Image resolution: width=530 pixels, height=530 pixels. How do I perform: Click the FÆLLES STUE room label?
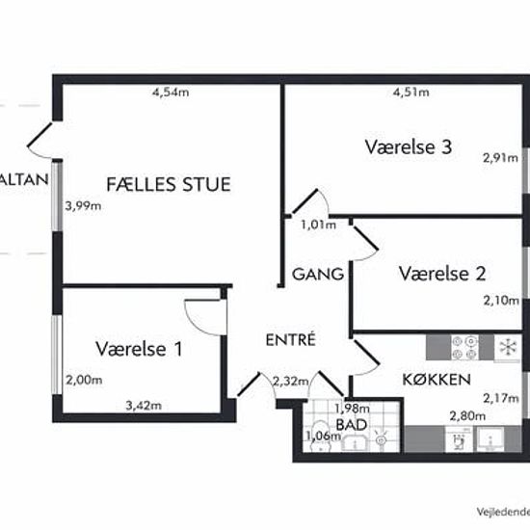tap(169, 183)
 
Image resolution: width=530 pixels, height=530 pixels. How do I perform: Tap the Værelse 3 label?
tap(409, 147)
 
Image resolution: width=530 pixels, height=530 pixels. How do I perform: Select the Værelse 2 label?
tap(441, 273)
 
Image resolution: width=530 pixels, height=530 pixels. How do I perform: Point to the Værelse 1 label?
tap(139, 349)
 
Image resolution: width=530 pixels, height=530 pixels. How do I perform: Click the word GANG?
tap(318, 275)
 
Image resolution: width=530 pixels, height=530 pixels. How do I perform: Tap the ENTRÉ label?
tap(291, 339)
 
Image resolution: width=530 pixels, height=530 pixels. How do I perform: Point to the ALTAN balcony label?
tap(23, 180)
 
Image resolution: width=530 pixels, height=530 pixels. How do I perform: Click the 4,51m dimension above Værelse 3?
tap(410, 93)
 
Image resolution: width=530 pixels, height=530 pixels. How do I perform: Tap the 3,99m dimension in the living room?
tap(82, 205)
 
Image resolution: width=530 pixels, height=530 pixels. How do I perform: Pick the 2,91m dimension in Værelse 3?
tap(499, 160)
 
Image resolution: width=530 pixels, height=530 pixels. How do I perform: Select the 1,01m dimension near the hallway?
tap(317, 225)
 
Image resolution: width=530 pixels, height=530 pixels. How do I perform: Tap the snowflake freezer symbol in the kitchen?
tap(504, 345)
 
